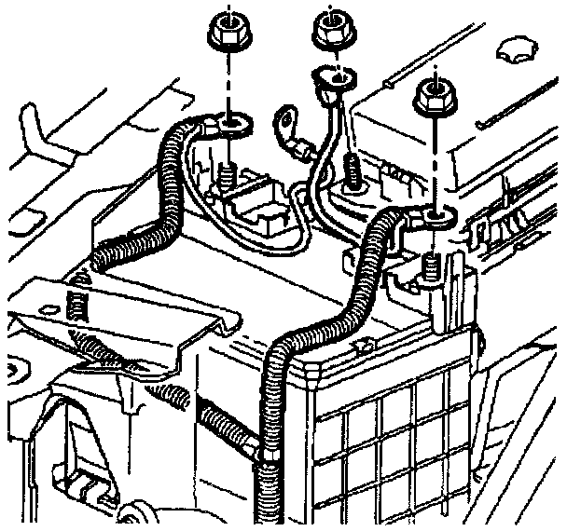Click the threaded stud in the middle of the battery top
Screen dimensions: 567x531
[353, 170]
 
